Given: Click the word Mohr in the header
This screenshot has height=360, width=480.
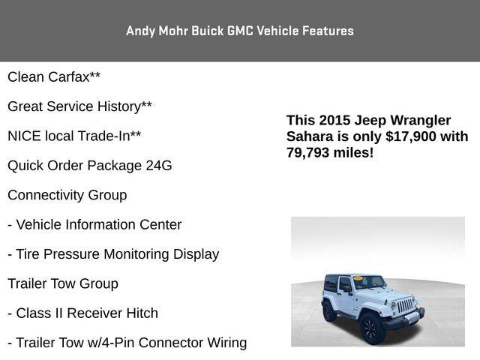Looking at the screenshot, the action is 173,31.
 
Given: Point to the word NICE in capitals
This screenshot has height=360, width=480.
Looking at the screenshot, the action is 24,136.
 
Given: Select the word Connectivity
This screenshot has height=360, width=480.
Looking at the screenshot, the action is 46,195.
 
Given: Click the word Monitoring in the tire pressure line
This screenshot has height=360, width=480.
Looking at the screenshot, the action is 136,254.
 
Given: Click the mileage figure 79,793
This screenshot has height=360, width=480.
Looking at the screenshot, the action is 307,152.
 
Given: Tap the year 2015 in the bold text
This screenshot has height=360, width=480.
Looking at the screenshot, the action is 334,120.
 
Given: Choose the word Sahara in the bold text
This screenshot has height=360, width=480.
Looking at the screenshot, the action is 310,136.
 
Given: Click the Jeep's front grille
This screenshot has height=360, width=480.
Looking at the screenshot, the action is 405,306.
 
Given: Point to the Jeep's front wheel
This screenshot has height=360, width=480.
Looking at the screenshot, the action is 373,328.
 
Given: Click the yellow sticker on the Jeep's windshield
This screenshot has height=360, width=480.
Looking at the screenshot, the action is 358,278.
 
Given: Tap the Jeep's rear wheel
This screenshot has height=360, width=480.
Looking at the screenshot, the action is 329,311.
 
